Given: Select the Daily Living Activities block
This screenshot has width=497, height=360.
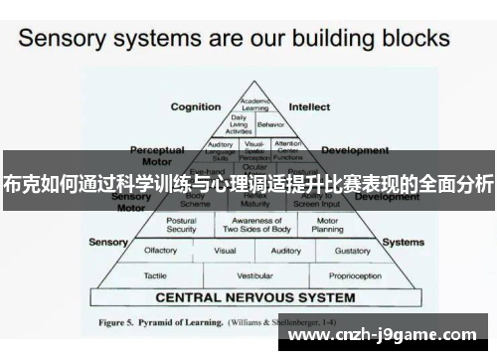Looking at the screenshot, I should (239, 124).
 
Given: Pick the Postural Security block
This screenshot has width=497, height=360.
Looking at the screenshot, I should (181, 225).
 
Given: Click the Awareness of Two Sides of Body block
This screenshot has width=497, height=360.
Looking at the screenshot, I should (256, 225).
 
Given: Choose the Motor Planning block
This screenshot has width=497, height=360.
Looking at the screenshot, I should (328, 225).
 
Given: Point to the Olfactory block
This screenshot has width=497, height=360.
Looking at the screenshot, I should (161, 251).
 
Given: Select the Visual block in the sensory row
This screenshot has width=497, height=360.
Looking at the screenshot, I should (225, 251).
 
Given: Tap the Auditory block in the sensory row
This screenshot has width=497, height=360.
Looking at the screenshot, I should (286, 251).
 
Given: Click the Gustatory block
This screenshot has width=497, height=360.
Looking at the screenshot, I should (351, 251).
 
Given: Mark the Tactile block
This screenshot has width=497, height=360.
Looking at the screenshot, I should (155, 274).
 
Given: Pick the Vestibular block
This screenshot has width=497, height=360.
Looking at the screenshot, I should (255, 274).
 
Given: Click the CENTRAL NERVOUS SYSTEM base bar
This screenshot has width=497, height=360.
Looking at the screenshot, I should (255, 297).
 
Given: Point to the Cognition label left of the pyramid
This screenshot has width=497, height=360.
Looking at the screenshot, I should (195, 106).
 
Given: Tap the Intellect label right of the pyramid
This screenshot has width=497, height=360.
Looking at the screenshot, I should (309, 106).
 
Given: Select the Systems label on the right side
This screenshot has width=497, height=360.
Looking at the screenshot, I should (404, 242).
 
